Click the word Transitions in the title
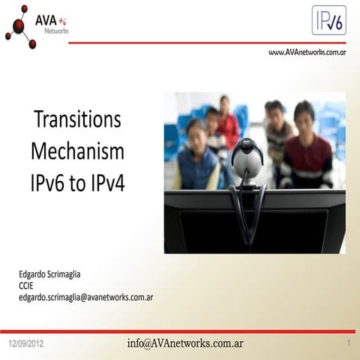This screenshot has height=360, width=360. [x=78, y=121]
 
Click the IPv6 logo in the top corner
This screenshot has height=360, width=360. [x=328, y=20]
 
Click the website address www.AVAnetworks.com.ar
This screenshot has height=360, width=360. [x=307, y=53]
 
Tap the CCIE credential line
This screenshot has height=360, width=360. [x=27, y=285]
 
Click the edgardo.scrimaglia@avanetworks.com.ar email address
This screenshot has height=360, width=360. [x=86, y=297]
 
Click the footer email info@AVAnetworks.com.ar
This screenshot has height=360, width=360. [x=185, y=343]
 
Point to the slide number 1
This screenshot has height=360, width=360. [x=349, y=343]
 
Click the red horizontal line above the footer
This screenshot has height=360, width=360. [x=180, y=331]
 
